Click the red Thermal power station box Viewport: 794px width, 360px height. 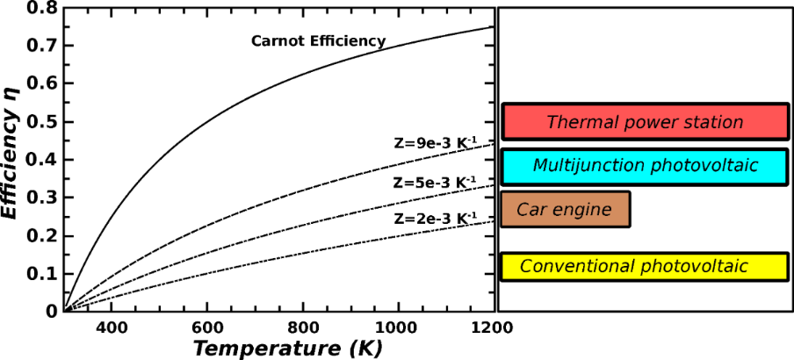(645, 121)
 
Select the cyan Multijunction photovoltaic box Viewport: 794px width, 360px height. (645, 166)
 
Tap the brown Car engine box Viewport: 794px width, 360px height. (565, 210)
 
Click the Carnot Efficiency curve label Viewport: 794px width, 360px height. (318, 40)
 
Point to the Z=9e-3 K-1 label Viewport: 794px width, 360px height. (435, 141)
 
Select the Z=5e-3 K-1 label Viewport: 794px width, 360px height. (435, 183)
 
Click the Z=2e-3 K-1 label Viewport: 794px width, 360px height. (435, 217)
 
